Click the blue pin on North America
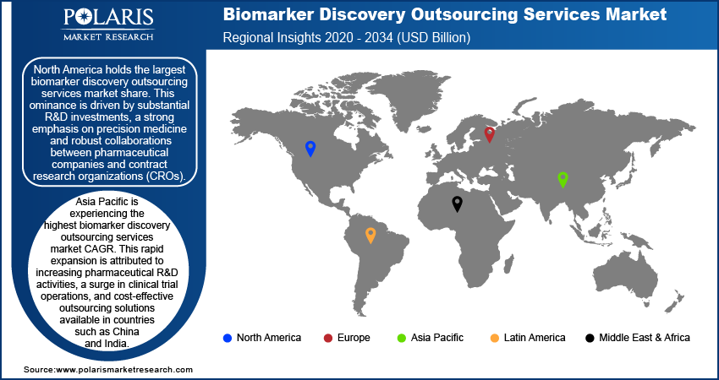pyautogui.click(x=310, y=149)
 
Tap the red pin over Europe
pyautogui.click(x=490, y=134)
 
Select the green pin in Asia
pyautogui.click(x=563, y=180)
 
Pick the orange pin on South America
pyautogui.click(x=370, y=236)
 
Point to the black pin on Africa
pyautogui.click(x=457, y=204)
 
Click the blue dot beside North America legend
pyautogui.click(x=227, y=339)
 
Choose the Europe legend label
pyautogui.click(x=354, y=338)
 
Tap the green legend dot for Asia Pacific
pyautogui.click(x=401, y=339)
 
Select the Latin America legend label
pyautogui.click(x=535, y=338)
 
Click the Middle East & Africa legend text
pyautogui.click(x=645, y=338)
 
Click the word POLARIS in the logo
pyautogui.click(x=108, y=19)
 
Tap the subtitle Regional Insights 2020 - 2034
pyautogui.click(x=308, y=37)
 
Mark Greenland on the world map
pyautogui.click(x=403, y=99)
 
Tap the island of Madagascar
pyautogui.click(x=508, y=265)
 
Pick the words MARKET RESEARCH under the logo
pyautogui.click(x=108, y=37)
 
